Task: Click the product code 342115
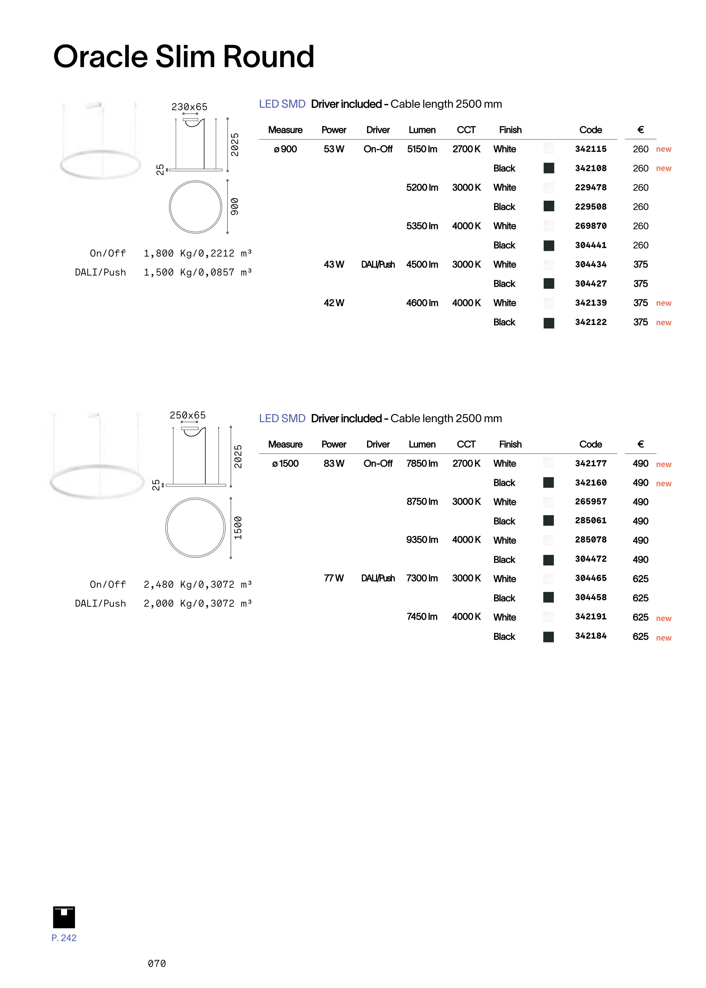[590, 149]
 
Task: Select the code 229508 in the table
[590, 207]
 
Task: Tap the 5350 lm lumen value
[422, 226]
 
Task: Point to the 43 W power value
[334, 264]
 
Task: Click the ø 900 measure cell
[285, 149]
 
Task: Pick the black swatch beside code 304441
[548, 246]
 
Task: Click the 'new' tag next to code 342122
[663, 322]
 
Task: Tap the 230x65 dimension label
[189, 107]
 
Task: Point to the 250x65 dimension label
[187, 415]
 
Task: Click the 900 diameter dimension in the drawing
[235, 206]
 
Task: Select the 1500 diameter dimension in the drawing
[238, 528]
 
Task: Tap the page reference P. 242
[64, 938]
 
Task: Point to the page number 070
[157, 963]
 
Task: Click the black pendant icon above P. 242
[64, 917]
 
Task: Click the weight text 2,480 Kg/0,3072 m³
[197, 584]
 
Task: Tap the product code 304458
[590, 598]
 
